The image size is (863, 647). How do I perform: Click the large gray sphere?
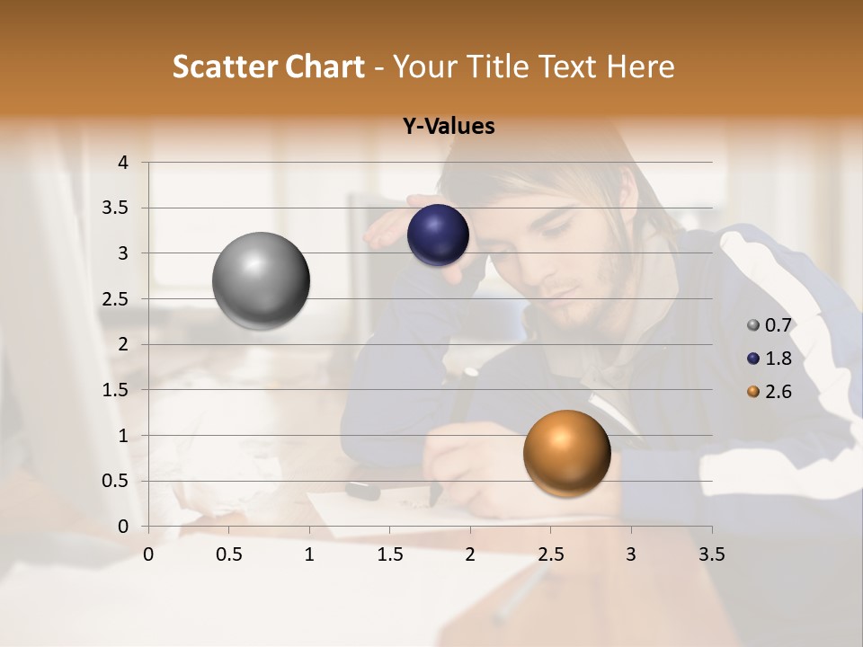coord(262,280)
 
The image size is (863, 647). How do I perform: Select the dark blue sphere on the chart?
coord(438,235)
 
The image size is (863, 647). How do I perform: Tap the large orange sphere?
coord(566,454)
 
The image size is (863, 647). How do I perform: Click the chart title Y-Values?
coord(449,127)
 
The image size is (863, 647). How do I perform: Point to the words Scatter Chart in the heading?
coord(268,66)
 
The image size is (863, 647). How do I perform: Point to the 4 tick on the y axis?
coord(123,163)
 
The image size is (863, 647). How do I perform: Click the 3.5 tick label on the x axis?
coord(711,554)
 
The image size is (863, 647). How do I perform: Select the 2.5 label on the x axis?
coord(550,554)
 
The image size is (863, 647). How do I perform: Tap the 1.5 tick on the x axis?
coord(389,554)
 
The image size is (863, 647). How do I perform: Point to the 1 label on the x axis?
coord(309,554)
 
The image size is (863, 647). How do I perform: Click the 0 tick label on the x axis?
coord(148,554)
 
